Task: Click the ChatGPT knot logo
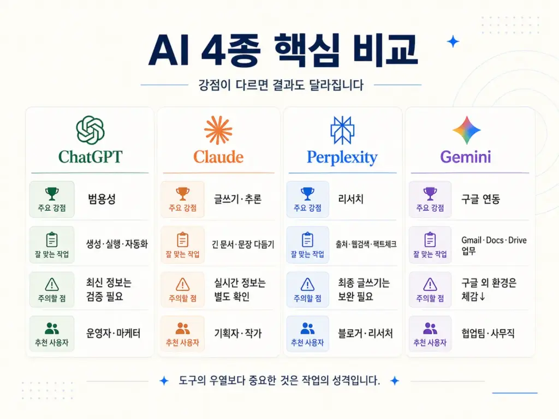pyautogui.click(x=90, y=130)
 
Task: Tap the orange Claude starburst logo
pyautogui.click(x=218, y=130)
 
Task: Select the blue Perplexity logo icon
pyautogui.click(x=342, y=130)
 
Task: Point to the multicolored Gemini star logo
pyautogui.click(x=466, y=130)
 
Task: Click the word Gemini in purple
pyautogui.click(x=466, y=157)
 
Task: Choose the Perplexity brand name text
pyautogui.click(x=342, y=158)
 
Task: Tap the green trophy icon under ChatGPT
pyautogui.click(x=52, y=194)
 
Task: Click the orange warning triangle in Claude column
pyautogui.click(x=182, y=284)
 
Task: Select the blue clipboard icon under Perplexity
pyautogui.click(x=307, y=240)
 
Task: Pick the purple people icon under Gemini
pyautogui.click(x=430, y=328)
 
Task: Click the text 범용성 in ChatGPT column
pyautogui.click(x=102, y=199)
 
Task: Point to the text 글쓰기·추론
pyautogui.click(x=237, y=199)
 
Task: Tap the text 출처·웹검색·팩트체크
pyautogui.click(x=366, y=244)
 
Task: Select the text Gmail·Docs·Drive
pyautogui.click(x=494, y=240)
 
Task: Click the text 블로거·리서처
pyautogui.click(x=365, y=333)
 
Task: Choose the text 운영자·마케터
pyautogui.click(x=114, y=333)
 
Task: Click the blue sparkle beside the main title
pyautogui.click(x=453, y=41)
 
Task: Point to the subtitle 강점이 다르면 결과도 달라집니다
pyautogui.click(x=281, y=85)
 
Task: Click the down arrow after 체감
pyautogui.click(x=482, y=296)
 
